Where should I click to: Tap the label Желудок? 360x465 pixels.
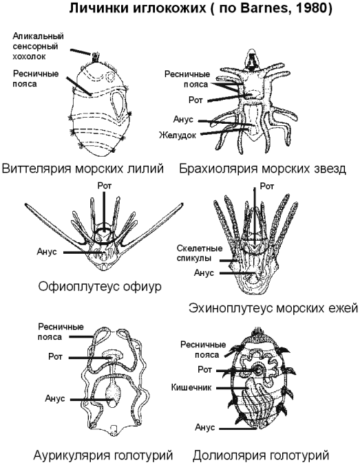[178, 136]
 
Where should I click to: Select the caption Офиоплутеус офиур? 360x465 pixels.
[100, 286]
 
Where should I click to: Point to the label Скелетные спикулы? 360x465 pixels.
[200, 252]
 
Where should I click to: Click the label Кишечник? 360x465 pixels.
[191, 387]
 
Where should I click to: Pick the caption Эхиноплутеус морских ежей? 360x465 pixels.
[273, 308]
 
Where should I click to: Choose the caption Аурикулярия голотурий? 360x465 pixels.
[103, 455]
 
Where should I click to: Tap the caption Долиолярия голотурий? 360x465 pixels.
[261, 455]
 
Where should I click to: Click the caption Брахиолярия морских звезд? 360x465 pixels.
[263, 169]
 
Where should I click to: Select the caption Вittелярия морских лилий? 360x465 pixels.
[83, 169]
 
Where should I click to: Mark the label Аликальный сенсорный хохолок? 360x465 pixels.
[38, 46]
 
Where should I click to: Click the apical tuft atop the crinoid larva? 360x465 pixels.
[96, 57]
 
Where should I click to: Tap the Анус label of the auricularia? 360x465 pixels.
[55, 398]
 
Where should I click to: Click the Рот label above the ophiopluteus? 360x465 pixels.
[105, 186]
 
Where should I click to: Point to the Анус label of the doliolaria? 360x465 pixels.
[205, 427]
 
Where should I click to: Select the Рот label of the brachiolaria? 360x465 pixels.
[195, 100]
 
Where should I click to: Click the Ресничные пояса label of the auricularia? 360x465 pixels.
[61, 332]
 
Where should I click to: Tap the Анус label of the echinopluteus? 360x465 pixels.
[204, 272]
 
